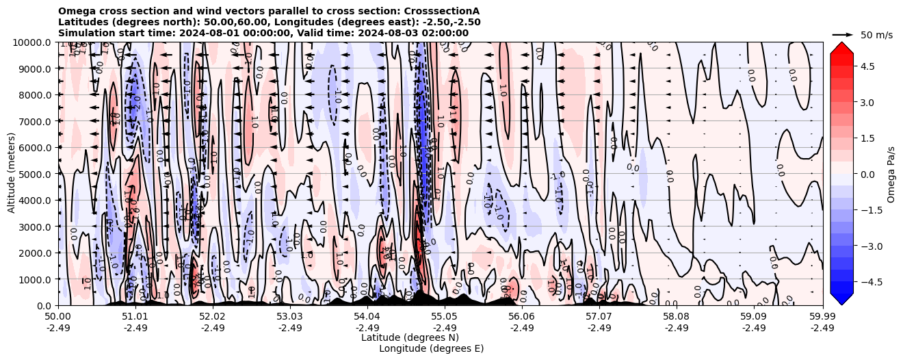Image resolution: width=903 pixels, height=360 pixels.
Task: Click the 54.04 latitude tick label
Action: tap(367, 317)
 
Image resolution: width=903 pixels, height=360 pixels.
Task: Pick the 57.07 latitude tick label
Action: tap(599, 317)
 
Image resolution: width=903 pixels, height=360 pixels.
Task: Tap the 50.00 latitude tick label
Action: tap(58, 317)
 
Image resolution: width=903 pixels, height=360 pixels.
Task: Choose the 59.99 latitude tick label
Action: tap(822, 317)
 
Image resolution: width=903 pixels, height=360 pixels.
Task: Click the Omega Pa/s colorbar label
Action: tap(891, 174)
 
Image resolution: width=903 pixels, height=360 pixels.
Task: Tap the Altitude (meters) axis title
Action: tap(12, 174)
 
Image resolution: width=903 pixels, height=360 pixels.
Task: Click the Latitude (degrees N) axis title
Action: tap(410, 337)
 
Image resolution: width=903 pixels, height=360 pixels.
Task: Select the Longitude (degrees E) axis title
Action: tap(431, 348)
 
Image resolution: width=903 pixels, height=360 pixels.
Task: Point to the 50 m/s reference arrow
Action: tap(842, 34)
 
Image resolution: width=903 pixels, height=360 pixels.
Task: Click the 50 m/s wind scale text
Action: tap(876, 35)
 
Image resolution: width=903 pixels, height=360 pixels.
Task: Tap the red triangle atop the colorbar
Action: tap(841, 47)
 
